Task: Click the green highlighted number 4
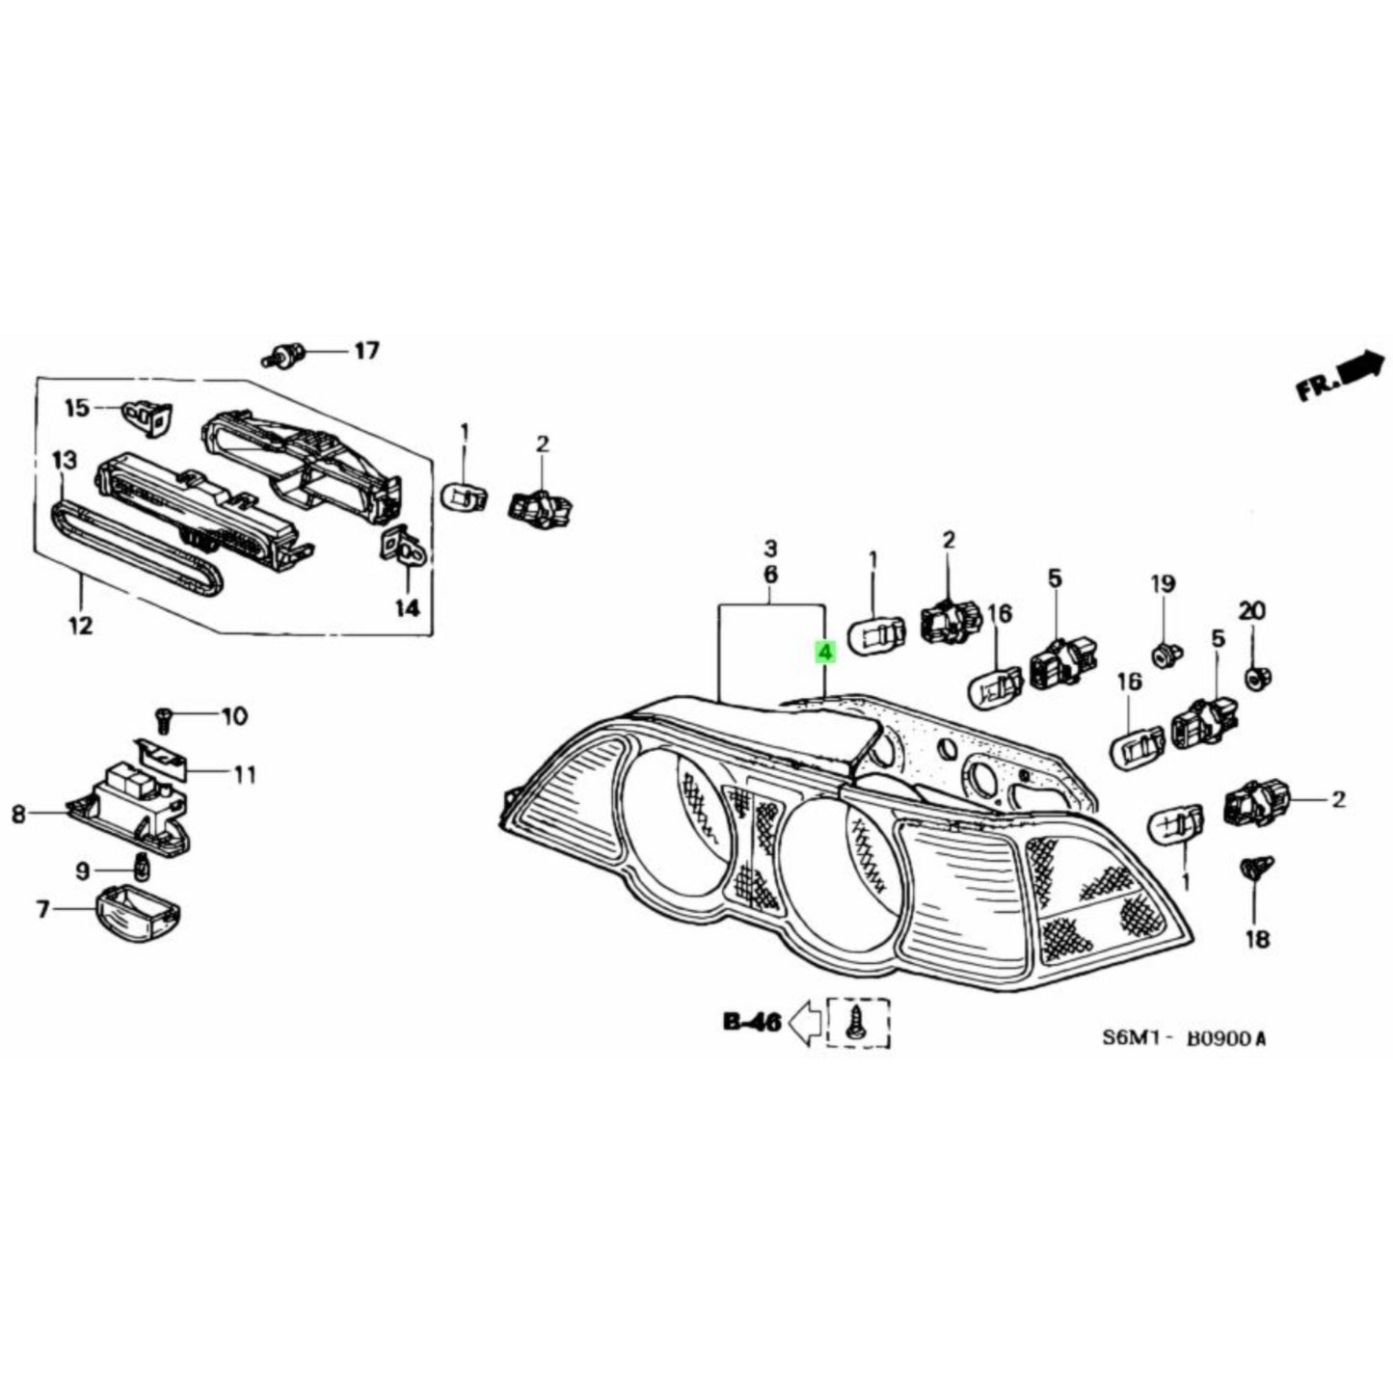pyautogui.click(x=824, y=654)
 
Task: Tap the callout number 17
pyautogui.click(x=366, y=351)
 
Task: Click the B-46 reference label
pyautogui.click(x=751, y=1023)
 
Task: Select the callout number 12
pyautogui.click(x=81, y=627)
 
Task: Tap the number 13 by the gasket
pyautogui.click(x=64, y=461)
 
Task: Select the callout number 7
pyautogui.click(x=43, y=909)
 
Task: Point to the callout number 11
pyautogui.click(x=245, y=773)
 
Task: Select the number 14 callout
pyautogui.click(x=407, y=608)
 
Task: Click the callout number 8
pyautogui.click(x=19, y=815)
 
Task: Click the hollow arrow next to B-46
pyautogui.click(x=806, y=1023)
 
